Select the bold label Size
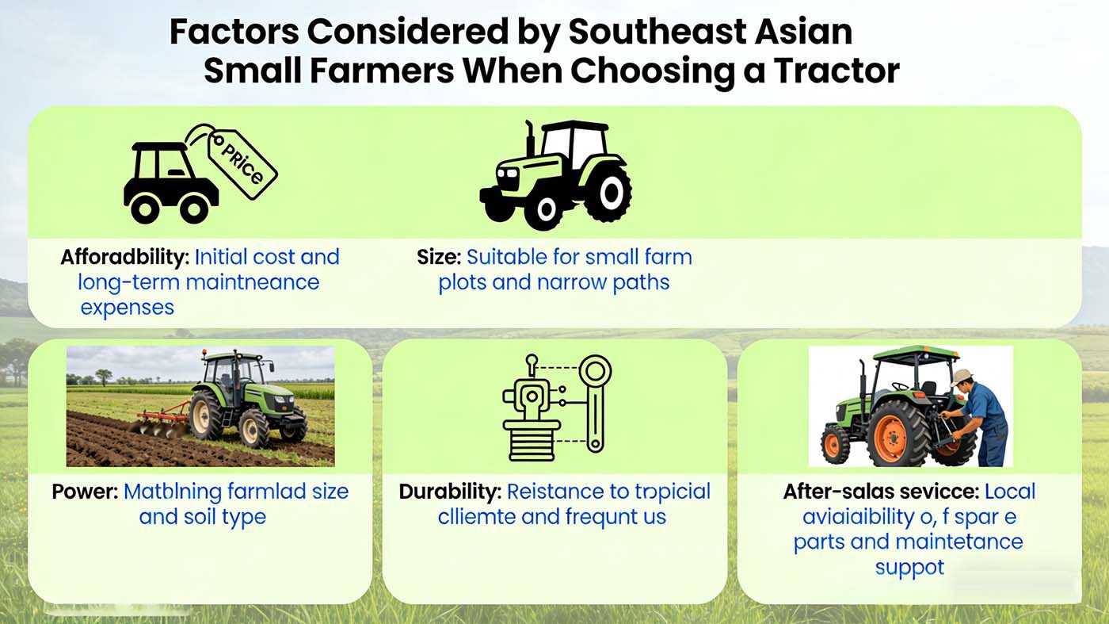(438, 258)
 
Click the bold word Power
(85, 492)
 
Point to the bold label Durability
(449, 492)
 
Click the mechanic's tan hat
(962, 377)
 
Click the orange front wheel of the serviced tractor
(834, 444)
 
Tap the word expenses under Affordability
(128, 307)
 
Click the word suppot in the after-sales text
(909, 568)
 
